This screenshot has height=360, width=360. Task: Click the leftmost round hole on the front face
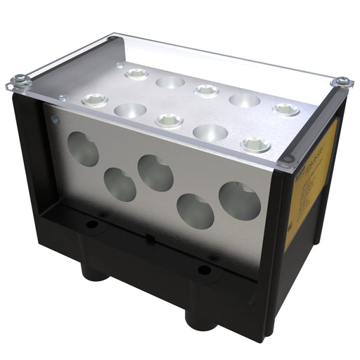coord(84,149)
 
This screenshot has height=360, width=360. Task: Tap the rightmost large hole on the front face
coord(240,200)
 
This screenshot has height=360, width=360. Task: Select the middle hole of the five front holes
coord(155,172)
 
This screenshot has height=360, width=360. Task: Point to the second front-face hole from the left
coord(120,184)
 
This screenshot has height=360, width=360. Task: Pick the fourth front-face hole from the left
coord(195,211)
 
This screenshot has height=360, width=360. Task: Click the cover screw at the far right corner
coord(342,82)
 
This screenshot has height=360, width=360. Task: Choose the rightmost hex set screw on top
coord(286,109)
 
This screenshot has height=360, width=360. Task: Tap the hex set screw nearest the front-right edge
coord(256,145)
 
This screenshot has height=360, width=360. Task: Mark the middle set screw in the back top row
coord(206,90)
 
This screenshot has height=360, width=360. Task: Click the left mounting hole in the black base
coord(91,226)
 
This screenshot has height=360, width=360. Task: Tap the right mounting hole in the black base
coord(204,269)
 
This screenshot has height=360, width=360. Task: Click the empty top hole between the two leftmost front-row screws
coord(130,110)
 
